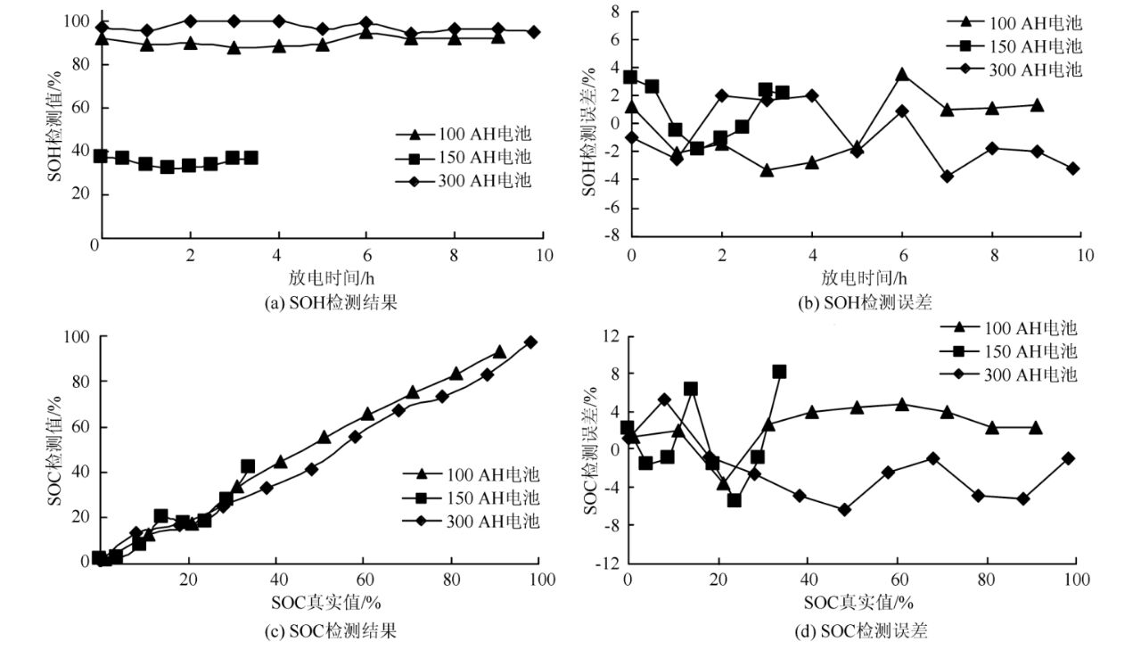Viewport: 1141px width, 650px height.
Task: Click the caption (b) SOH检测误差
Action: point(865,302)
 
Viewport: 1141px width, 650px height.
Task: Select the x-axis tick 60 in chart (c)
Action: point(366,580)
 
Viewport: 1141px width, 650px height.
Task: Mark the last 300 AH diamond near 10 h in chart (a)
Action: point(533,31)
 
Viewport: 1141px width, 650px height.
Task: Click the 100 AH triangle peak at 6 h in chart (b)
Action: point(902,74)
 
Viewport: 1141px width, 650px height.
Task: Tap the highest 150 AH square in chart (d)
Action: point(779,372)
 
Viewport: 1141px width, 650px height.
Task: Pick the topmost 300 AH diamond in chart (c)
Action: point(530,341)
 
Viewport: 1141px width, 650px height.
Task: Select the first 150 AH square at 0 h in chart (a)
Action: point(101,156)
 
